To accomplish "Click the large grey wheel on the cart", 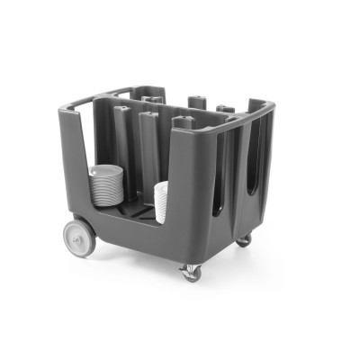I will click(x=79, y=235).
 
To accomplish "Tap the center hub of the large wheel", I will click(x=79, y=236).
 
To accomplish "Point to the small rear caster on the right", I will click(x=244, y=240).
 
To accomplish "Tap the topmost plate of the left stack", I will click(x=105, y=168).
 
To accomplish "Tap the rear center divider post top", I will click(x=196, y=101).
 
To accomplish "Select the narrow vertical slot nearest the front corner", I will click(x=219, y=180).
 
